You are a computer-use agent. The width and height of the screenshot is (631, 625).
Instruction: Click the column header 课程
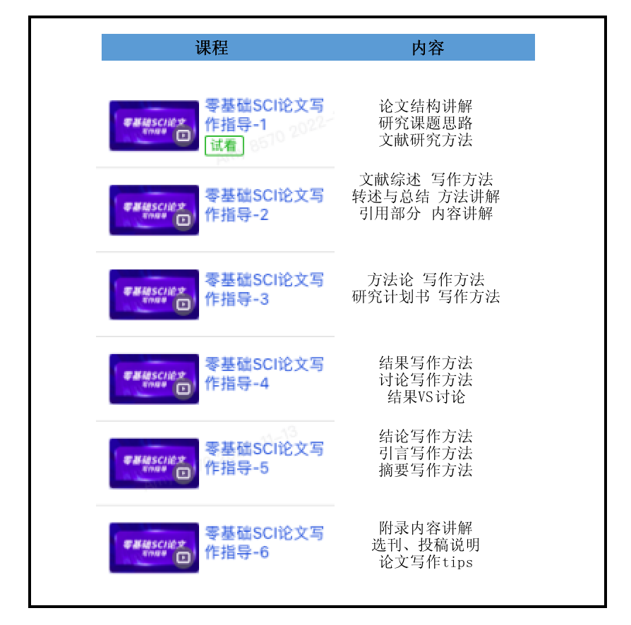pyautogui.click(x=211, y=48)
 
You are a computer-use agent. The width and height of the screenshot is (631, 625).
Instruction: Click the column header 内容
pyautogui.click(x=427, y=48)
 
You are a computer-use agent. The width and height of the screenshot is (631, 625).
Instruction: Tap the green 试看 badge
pyautogui.click(x=224, y=146)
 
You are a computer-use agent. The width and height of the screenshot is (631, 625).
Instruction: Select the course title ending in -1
pyautogui.click(x=263, y=115)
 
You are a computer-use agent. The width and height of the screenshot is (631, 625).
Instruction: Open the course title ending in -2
pyautogui.click(x=263, y=205)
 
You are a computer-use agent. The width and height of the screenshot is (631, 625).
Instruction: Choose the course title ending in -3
pyautogui.click(x=263, y=289)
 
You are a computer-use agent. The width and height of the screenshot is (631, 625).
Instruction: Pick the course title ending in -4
pyautogui.click(x=263, y=374)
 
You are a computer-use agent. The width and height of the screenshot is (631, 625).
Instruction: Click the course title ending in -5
pyautogui.click(x=263, y=458)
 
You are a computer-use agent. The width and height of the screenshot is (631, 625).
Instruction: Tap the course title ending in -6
pyautogui.click(x=263, y=542)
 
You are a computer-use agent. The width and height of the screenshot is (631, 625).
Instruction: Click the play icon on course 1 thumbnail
pyautogui.click(x=184, y=135)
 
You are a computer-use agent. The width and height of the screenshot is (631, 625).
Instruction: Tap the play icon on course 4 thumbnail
pyautogui.click(x=184, y=389)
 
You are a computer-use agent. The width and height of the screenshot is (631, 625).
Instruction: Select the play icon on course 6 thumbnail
pyautogui.click(x=184, y=557)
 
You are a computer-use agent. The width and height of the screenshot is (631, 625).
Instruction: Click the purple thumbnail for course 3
pyautogui.click(x=153, y=294)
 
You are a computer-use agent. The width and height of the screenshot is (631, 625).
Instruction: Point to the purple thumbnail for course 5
pyautogui.click(x=153, y=463)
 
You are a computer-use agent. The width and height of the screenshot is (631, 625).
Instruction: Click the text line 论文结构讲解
pyautogui.click(x=426, y=107)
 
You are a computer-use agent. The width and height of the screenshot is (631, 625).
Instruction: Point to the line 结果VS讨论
pyautogui.click(x=426, y=397)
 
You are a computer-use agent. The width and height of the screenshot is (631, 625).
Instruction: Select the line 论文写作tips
pyautogui.click(x=426, y=562)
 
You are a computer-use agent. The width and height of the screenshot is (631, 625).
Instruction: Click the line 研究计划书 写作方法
pyautogui.click(x=426, y=297)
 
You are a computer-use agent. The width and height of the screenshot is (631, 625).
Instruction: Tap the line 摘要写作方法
pyautogui.click(x=426, y=471)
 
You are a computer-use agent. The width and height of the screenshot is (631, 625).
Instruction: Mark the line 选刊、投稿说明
pyautogui.click(x=426, y=545)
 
